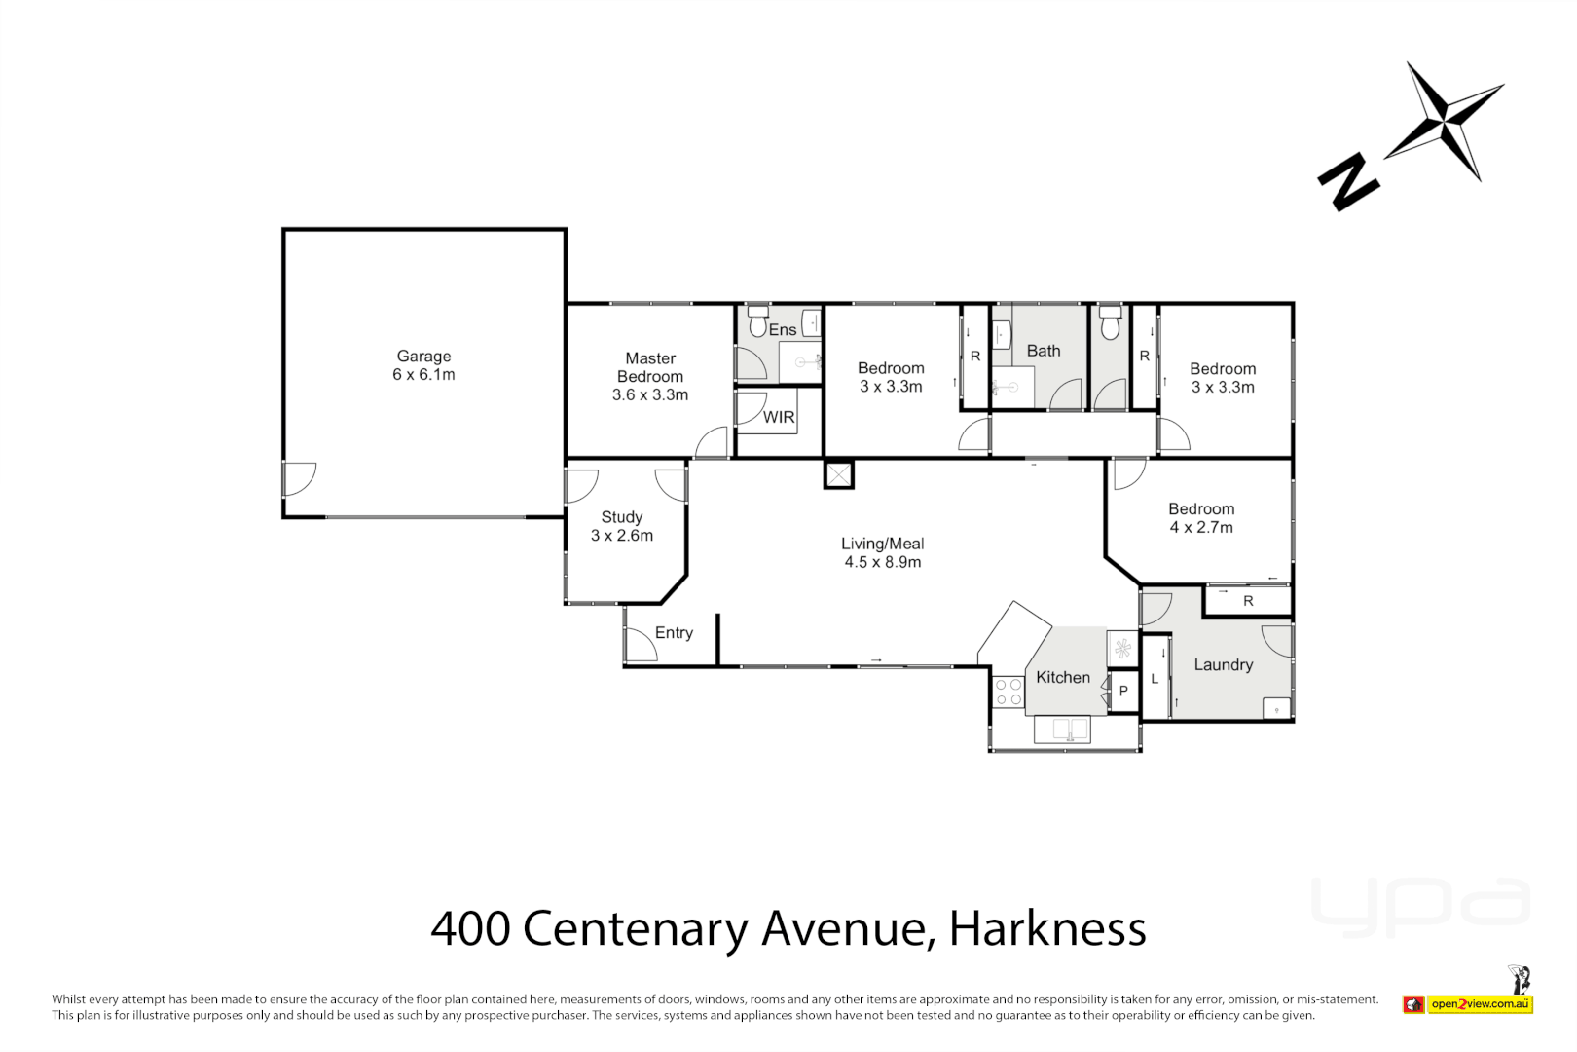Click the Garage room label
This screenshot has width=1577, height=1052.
click(x=423, y=357)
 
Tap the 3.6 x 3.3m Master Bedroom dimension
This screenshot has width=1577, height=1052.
click(x=649, y=394)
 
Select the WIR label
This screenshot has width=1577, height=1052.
click(x=779, y=417)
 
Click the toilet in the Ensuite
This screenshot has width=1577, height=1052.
click(x=758, y=320)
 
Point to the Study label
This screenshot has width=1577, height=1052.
click(x=621, y=517)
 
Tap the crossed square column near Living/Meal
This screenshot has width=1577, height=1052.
click(x=838, y=475)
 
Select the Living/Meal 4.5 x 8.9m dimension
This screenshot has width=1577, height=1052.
click(x=882, y=562)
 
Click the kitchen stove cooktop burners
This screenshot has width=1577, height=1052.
click(x=1009, y=693)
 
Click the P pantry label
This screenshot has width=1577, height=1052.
click(x=1123, y=691)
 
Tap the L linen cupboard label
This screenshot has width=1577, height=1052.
click(x=1155, y=679)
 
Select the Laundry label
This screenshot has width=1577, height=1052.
click(x=1223, y=664)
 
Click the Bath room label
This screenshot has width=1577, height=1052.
click(x=1043, y=351)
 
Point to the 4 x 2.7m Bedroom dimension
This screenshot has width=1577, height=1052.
click(x=1201, y=527)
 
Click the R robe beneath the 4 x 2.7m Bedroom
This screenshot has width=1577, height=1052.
click(x=1247, y=601)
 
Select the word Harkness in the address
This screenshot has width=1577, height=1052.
click(x=1047, y=928)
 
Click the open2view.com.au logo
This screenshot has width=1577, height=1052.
click(x=1480, y=1004)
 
